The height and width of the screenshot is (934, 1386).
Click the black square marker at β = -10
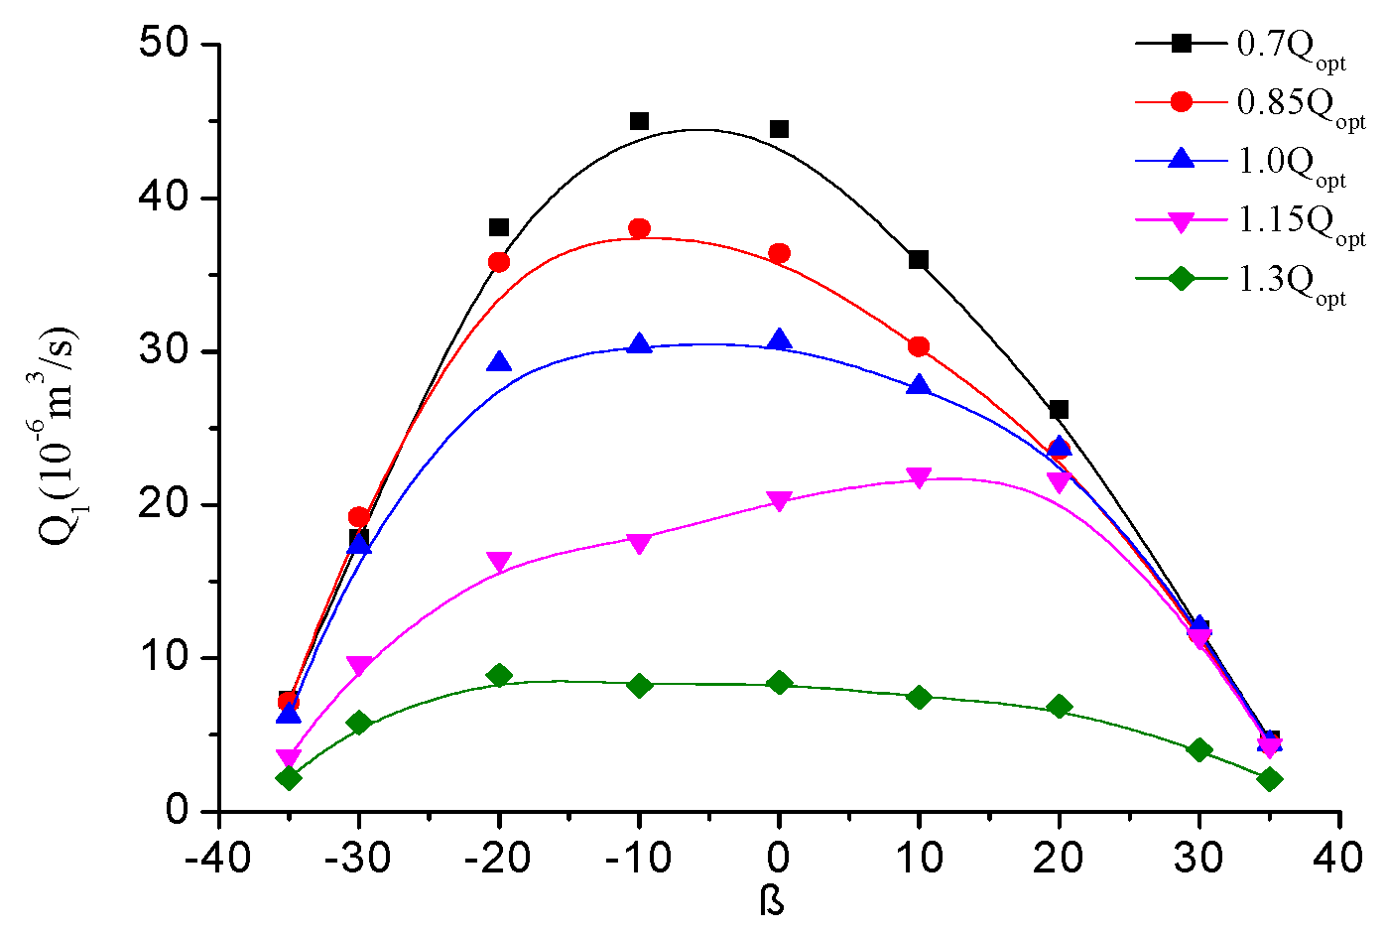pos(639,121)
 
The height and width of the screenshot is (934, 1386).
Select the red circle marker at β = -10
pos(639,229)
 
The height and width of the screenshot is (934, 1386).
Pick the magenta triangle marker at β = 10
pos(919,478)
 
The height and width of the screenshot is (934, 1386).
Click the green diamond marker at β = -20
pos(499,676)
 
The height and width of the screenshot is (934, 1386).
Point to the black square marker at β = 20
pos(1059,410)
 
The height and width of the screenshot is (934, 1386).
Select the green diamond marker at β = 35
pos(1269,779)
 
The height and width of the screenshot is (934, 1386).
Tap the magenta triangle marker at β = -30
pos(359,666)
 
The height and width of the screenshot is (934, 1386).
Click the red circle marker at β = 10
pos(919,346)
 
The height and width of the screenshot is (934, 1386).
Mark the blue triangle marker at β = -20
pos(499,362)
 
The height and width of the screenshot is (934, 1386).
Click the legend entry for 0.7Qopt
pos(1291,46)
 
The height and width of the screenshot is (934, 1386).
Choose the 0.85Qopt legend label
pos(1301,104)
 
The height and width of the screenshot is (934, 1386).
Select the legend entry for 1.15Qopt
pos(1301,221)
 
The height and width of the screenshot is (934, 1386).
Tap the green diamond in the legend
pos(1181,279)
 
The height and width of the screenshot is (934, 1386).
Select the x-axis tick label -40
pos(217,857)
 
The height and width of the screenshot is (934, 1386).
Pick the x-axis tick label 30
pos(1198,857)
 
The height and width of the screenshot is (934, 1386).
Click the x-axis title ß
pos(772,901)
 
